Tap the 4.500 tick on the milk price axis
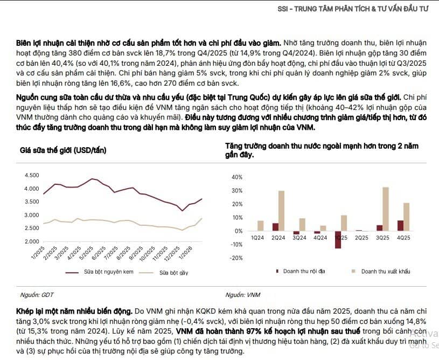point(32,175)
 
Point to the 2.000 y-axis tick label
point(32,241)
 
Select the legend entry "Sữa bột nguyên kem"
point(106,273)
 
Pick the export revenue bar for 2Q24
point(282,211)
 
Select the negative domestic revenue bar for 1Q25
point(338,240)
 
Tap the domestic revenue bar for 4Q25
point(400,226)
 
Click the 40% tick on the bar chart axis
point(237,177)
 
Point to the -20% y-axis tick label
point(236,258)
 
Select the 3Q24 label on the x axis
point(299,237)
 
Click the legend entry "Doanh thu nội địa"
point(304,271)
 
